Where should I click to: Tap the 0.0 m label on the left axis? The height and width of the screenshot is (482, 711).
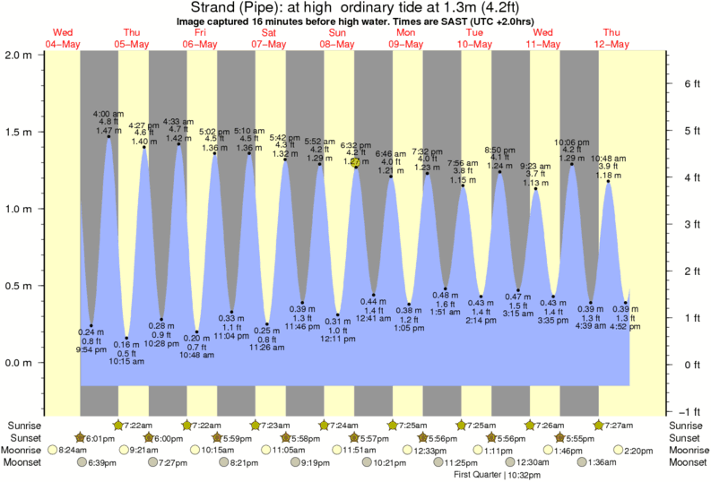(x=20, y=363)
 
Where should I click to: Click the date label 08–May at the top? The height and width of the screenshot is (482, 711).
(x=336, y=43)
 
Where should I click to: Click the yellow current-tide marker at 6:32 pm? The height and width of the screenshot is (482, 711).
(x=356, y=163)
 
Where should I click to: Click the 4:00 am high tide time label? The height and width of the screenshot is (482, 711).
(x=108, y=114)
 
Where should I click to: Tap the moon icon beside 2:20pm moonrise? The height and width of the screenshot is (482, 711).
(x=620, y=450)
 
